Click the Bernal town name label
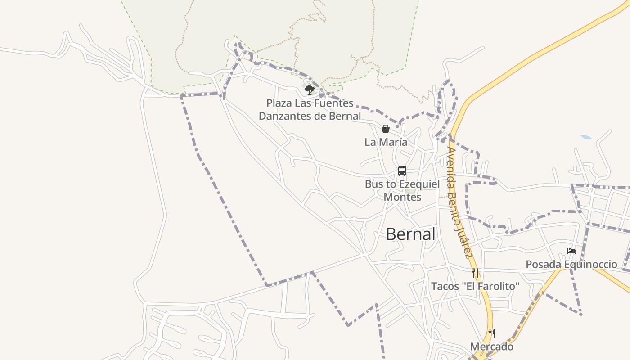(x=410, y=234)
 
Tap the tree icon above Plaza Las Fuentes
(x=309, y=90)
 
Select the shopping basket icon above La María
(x=386, y=129)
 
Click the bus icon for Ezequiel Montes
(x=402, y=171)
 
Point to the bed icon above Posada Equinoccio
(x=571, y=251)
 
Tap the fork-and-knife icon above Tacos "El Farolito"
(x=475, y=273)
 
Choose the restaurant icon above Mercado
(x=492, y=333)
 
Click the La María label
(x=386, y=142)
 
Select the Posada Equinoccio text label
(x=571, y=264)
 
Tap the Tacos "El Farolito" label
(x=475, y=286)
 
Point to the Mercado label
(x=492, y=347)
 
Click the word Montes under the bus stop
(x=402, y=197)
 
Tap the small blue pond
(x=586, y=137)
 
